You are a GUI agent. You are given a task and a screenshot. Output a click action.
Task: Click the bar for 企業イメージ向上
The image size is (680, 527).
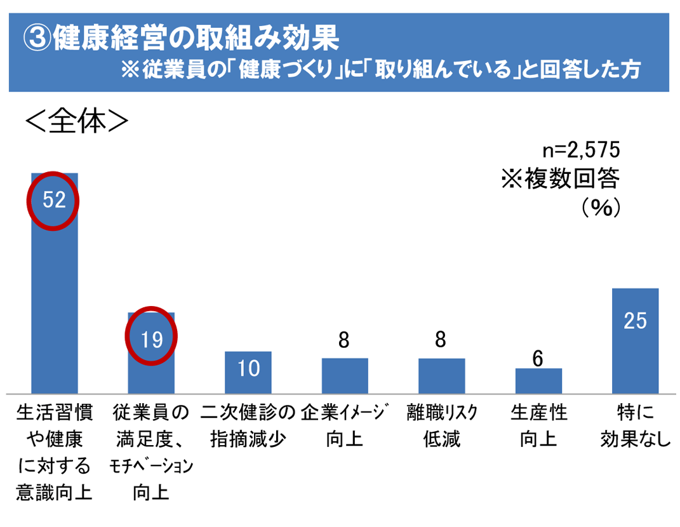click(x=345, y=376)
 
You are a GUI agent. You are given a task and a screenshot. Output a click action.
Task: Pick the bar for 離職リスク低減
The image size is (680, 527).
click(x=441, y=376)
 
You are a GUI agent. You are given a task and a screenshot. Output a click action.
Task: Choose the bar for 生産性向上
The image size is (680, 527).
click(x=538, y=381)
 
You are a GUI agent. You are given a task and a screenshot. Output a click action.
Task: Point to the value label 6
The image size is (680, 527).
click(x=538, y=359)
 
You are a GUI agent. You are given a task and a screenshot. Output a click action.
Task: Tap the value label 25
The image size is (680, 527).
click(x=635, y=321)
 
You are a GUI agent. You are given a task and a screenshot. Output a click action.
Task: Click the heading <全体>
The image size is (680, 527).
click(x=77, y=122)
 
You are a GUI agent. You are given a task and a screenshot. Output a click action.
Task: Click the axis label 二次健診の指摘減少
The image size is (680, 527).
click(x=248, y=425)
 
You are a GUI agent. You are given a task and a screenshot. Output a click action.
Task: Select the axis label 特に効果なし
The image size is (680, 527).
click(x=635, y=425)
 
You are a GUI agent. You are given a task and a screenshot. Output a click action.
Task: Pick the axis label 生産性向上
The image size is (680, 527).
click(x=538, y=425)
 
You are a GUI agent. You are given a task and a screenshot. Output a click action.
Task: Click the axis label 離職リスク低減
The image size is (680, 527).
click(x=441, y=425)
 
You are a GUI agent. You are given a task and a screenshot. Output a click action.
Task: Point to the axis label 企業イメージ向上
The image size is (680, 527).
click(x=345, y=425)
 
